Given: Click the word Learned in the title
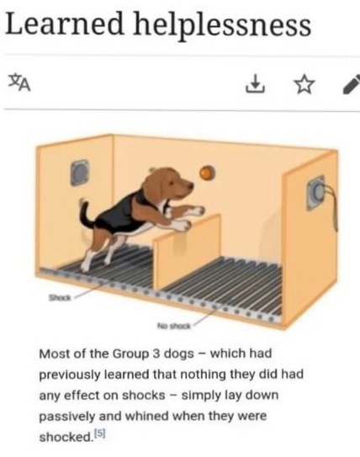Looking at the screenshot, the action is (x=65, y=24).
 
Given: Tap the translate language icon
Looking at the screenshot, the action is (x=19, y=83).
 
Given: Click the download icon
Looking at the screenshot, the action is (x=255, y=84).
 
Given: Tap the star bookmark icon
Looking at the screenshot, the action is (x=304, y=84).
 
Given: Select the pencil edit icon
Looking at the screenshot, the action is (x=352, y=84).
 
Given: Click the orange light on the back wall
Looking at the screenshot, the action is (x=207, y=173).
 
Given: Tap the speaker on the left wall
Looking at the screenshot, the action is (x=80, y=173).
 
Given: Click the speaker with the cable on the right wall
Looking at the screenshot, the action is (x=316, y=192).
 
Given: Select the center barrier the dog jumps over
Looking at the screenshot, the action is (x=188, y=252).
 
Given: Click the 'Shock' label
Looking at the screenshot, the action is (x=60, y=298).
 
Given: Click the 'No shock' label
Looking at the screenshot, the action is (x=174, y=326).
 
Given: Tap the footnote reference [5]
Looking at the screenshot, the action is (x=100, y=434).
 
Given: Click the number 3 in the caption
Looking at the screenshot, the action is (x=156, y=353).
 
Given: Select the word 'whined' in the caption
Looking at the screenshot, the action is (x=146, y=416).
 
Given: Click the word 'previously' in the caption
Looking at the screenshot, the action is (x=69, y=375).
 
